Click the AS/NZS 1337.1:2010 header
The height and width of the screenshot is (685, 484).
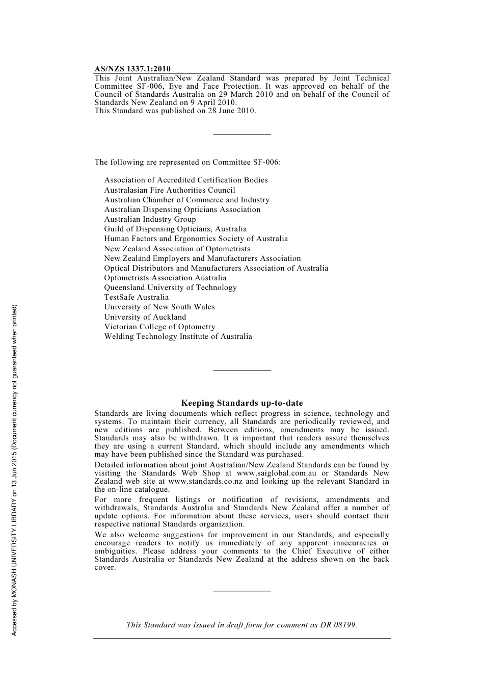click(x=132, y=69)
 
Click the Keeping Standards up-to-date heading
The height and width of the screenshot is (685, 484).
click(x=242, y=403)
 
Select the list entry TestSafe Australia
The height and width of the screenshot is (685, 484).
click(x=136, y=297)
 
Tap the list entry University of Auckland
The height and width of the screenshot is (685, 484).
click(x=145, y=317)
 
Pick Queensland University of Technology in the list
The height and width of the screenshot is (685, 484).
click(x=170, y=287)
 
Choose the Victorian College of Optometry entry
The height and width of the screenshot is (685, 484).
click(x=159, y=327)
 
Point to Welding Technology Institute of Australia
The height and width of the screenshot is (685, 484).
click(x=178, y=336)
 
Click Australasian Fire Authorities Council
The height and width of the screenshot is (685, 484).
click(x=170, y=190)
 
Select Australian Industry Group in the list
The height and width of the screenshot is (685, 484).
click(x=150, y=219)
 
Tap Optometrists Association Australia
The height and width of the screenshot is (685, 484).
click(x=165, y=278)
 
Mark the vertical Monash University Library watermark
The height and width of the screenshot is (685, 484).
click(x=15, y=469)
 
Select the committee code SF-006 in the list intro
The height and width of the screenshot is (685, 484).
click(x=266, y=162)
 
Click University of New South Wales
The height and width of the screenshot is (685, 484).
click(x=159, y=307)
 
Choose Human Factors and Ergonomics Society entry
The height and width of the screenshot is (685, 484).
click(x=196, y=239)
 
